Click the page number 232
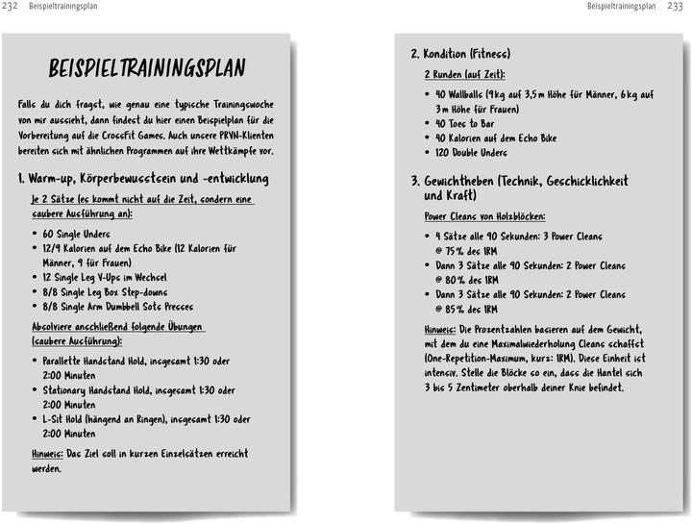click(12, 8)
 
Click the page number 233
click(676, 8)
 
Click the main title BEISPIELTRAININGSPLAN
click(147, 68)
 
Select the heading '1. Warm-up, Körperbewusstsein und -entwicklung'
click(143, 179)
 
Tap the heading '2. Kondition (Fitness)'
click(460, 54)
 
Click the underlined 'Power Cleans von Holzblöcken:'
click(484, 216)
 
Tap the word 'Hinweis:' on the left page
click(47, 454)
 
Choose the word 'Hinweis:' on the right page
click(440, 330)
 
